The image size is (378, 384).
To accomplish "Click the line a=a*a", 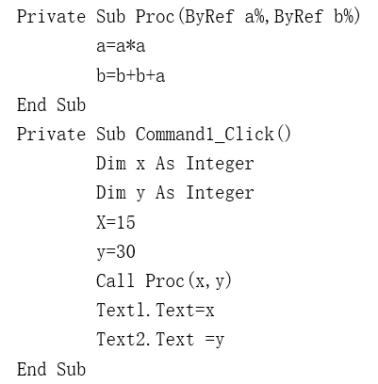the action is [121, 46].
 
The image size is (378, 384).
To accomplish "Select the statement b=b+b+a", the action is [130, 75].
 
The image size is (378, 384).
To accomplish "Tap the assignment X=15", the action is [116, 222].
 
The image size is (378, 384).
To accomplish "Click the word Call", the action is [115, 280].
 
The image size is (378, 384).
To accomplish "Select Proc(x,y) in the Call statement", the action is [189, 281].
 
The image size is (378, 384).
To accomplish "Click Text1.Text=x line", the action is [156, 310].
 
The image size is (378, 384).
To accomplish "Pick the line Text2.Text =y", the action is [160, 340].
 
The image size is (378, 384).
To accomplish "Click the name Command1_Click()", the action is [213, 135].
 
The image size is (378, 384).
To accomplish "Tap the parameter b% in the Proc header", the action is [347, 16].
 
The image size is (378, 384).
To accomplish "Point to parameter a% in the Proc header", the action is [255, 16].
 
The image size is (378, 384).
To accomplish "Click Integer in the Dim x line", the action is [220, 164].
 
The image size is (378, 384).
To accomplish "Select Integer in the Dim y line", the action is [220, 193].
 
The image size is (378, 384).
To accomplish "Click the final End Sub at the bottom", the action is [51, 369].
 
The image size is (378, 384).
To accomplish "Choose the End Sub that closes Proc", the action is [51, 104].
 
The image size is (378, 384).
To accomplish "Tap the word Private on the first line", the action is [51, 16].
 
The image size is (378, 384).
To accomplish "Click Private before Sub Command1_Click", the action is [51, 135].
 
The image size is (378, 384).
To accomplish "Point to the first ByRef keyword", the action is [209, 17].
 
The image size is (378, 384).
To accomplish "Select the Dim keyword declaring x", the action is [111, 164].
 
